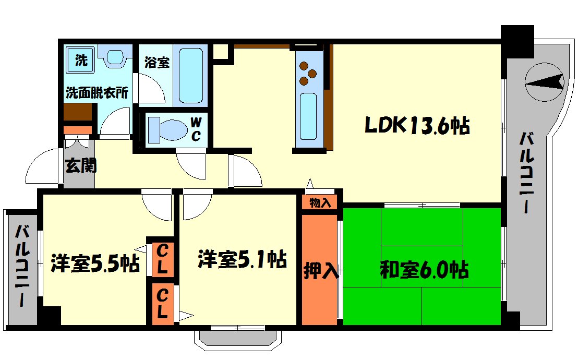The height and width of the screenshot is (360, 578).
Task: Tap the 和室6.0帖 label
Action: (x=424, y=270)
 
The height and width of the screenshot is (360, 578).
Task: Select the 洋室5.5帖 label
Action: (x=95, y=263)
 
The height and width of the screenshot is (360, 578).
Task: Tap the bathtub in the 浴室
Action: (x=190, y=76)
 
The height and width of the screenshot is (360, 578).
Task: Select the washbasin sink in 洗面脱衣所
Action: (x=115, y=57)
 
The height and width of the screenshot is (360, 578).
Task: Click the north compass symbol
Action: (x=544, y=81)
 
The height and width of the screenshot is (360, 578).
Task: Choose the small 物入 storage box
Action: (x=320, y=202)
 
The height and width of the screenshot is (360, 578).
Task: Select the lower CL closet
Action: (x=162, y=304)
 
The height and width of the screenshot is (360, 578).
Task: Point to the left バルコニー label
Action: (x=21, y=265)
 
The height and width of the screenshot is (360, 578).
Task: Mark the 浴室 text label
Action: (x=156, y=63)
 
